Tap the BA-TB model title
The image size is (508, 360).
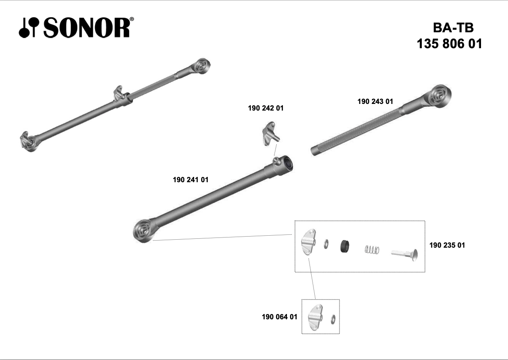(453, 28)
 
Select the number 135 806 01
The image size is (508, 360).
(449, 44)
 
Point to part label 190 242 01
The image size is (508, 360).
(266, 107)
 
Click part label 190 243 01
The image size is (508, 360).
(375, 101)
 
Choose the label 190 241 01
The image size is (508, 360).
(190, 180)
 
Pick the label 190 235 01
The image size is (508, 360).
(447, 245)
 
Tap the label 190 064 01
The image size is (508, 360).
(279, 317)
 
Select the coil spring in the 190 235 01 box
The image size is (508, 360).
(372, 250)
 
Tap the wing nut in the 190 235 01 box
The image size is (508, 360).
(309, 242)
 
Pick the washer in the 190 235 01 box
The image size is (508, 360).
(326, 243)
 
